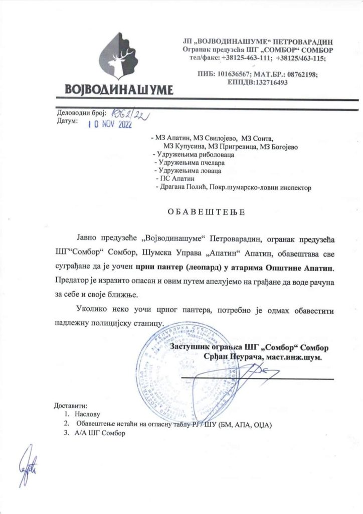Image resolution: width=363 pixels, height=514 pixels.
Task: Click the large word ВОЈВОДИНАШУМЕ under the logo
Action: tap(119, 89)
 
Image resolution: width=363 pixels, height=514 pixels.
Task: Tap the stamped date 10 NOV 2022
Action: tap(109, 125)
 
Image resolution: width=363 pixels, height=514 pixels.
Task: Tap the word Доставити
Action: tap(70, 405)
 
